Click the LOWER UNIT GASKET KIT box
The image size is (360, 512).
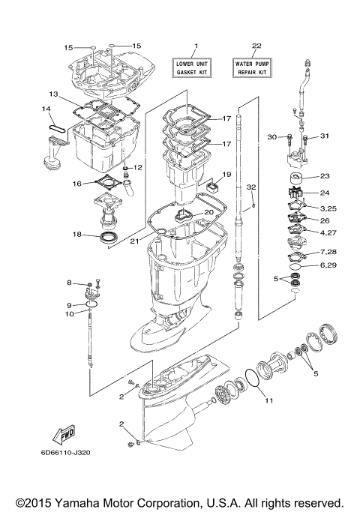point(193,67)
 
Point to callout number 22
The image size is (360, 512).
point(256,46)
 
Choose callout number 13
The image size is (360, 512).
point(53,94)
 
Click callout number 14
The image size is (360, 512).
point(46,109)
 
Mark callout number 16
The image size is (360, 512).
point(77,183)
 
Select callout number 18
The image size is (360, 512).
point(77,235)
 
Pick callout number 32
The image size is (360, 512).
point(251,186)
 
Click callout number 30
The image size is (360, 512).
point(272,136)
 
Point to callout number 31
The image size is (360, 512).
point(325,136)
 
